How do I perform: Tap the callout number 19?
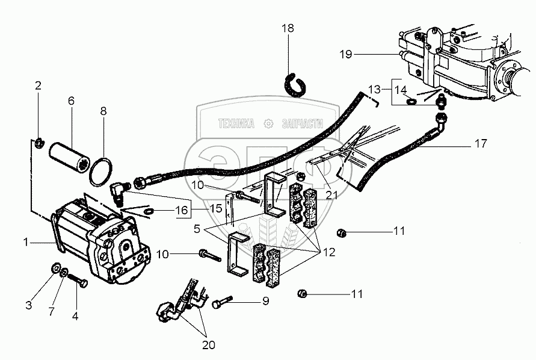345,55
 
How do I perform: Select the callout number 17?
479,144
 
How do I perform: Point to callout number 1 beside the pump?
26,243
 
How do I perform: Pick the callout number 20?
207,346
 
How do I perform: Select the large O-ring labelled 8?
100,173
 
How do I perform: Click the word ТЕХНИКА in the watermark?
236,123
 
